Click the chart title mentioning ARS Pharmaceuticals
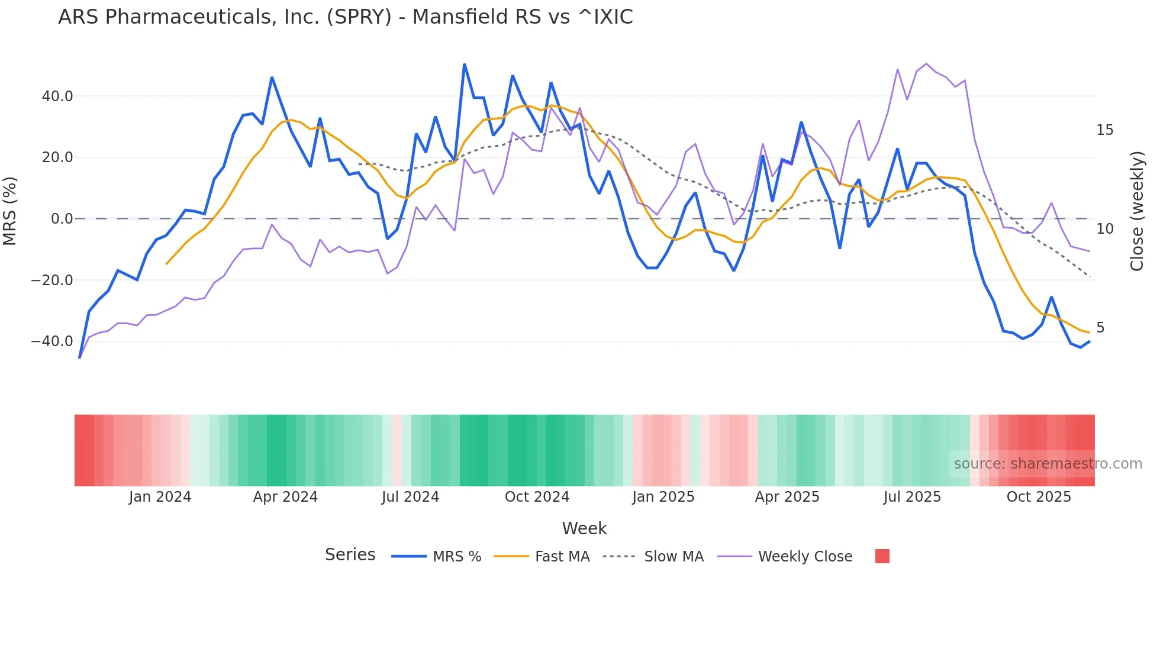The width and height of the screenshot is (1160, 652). click(x=345, y=17)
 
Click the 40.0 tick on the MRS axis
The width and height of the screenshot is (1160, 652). click(x=57, y=96)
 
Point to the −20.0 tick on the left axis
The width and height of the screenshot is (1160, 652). click(x=53, y=280)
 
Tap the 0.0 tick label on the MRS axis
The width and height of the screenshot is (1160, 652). click(x=62, y=219)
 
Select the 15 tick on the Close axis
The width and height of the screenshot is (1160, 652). click(x=1104, y=130)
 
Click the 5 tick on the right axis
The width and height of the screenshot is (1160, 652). click(x=1100, y=328)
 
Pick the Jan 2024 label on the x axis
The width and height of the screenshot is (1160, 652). click(x=160, y=497)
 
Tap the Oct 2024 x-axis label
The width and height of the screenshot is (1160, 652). click(x=537, y=497)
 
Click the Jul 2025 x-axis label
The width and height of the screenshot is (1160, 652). click(x=912, y=497)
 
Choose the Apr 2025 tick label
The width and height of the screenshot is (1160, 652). click(x=787, y=497)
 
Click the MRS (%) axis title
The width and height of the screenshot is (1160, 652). click(x=10, y=211)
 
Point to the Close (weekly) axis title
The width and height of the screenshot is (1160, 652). click(x=1136, y=211)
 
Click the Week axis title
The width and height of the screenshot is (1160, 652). click(x=584, y=528)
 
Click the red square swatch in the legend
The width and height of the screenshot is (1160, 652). click(x=882, y=556)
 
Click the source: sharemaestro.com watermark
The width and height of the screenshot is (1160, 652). click(x=1048, y=464)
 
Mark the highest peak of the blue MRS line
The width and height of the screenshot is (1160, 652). click(x=465, y=64)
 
